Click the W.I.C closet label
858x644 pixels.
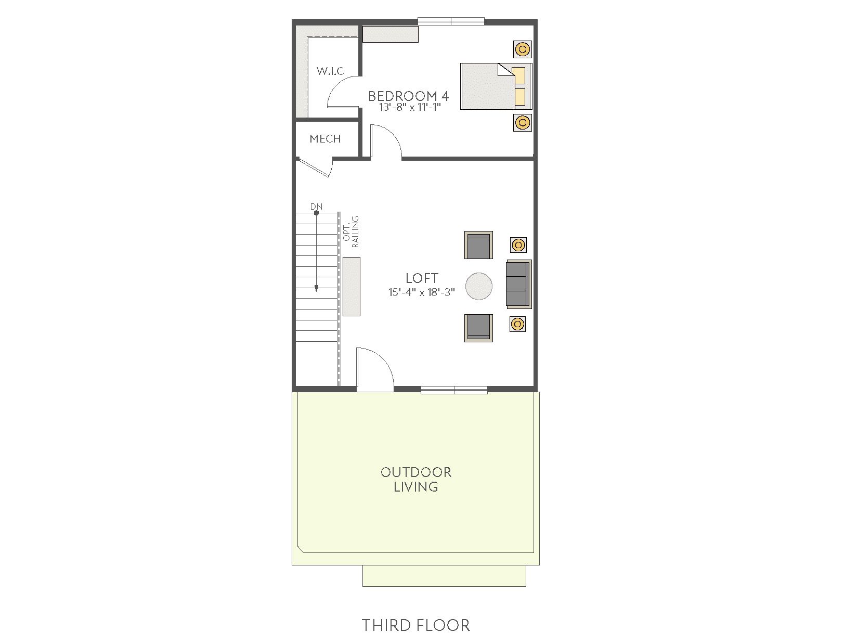pos(330,71)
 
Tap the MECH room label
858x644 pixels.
pos(325,139)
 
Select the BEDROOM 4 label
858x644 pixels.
pos(409,96)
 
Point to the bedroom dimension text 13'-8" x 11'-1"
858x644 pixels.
pos(410,107)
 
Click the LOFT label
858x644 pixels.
pos(422,278)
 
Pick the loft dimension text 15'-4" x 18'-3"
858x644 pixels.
pos(421,292)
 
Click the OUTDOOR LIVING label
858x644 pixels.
pos(416,480)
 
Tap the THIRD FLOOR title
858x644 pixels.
pos(416,626)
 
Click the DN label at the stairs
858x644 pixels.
pos(316,207)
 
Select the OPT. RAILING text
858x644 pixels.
pos(350,232)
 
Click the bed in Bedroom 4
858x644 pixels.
pos(496,86)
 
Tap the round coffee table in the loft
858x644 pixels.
pos(479,286)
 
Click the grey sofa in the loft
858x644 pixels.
pos(519,284)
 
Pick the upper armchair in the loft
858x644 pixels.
pos(478,245)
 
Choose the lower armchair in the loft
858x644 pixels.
pos(478,328)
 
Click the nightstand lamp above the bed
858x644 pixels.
pos(522,49)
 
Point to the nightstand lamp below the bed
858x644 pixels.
pos(522,122)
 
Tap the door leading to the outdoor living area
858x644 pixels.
pos(374,369)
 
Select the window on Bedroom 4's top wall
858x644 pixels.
pos(451,21)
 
